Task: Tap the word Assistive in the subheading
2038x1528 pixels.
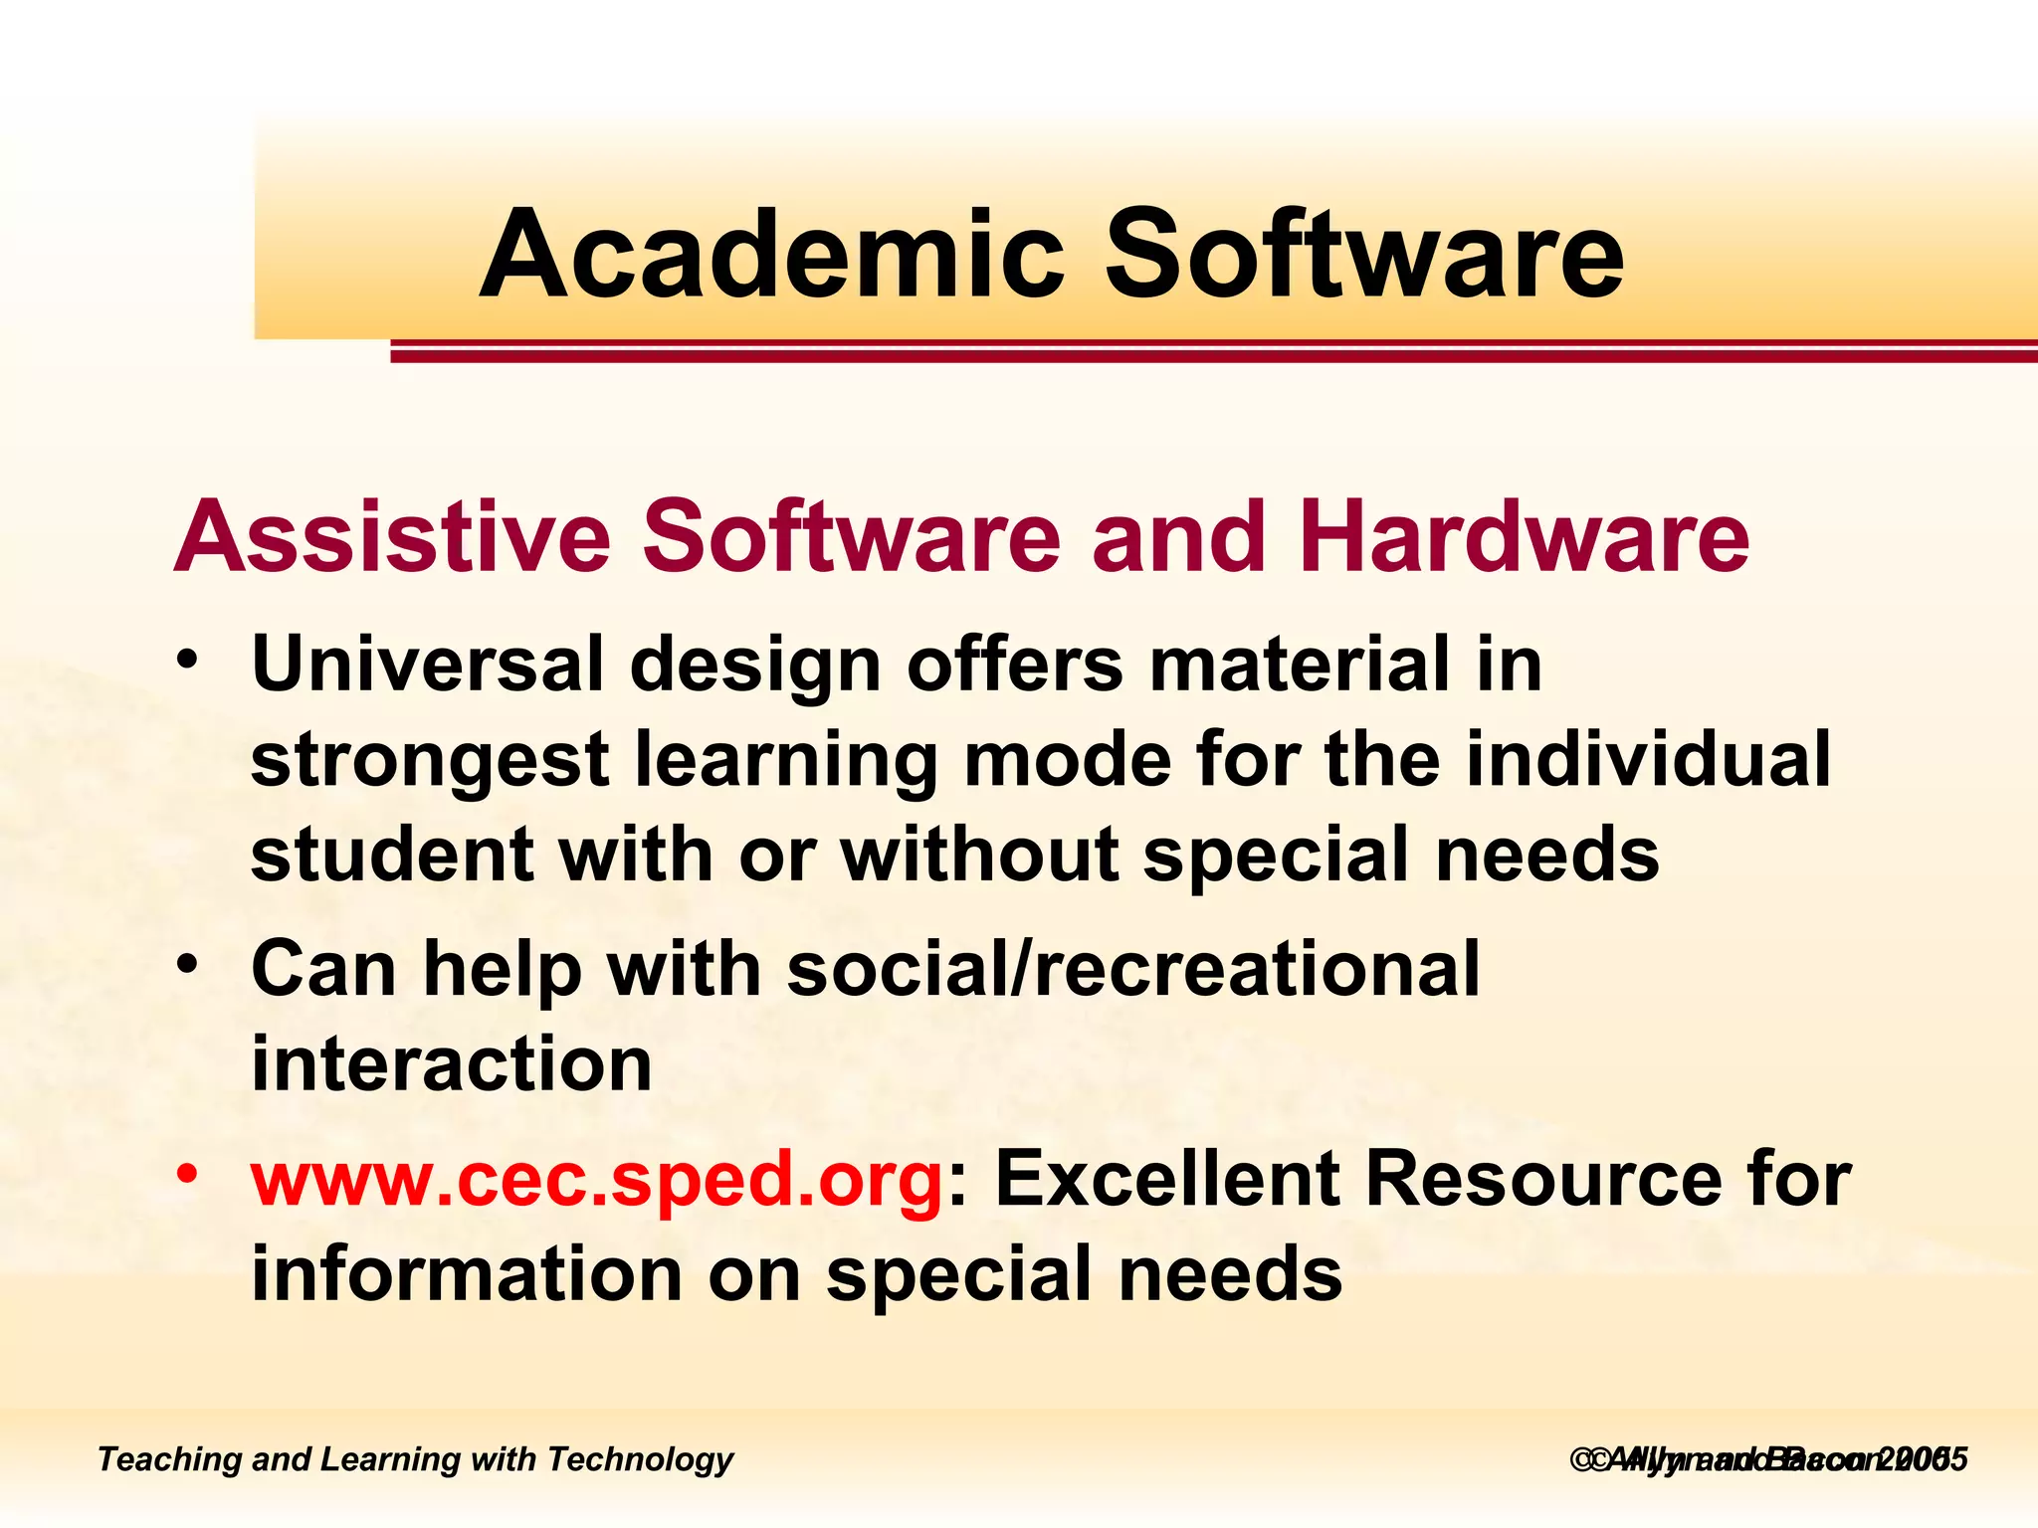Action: [x=392, y=537]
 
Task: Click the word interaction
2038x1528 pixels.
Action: [x=451, y=1063]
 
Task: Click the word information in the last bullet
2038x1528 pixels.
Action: [x=466, y=1274]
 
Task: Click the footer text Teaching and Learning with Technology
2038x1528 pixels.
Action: [x=415, y=1459]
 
